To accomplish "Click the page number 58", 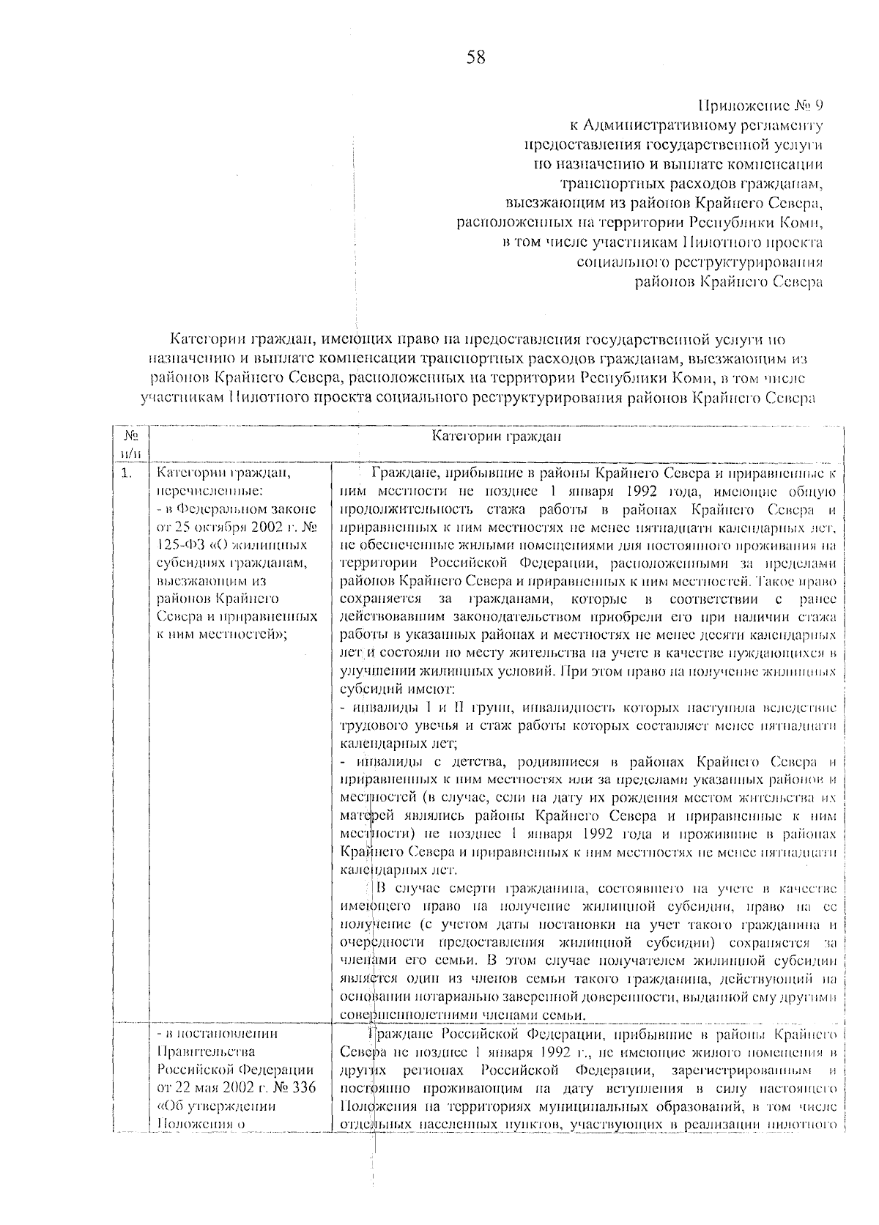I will tap(475, 57).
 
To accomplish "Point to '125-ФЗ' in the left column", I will tap(180, 545).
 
